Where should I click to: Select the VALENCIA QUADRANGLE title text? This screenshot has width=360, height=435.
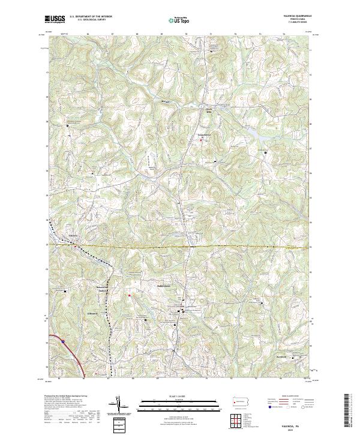299,16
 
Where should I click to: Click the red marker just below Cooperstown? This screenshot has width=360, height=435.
201,140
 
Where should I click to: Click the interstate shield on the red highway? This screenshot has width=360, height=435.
61,340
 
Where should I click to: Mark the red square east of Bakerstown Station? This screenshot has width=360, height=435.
128,295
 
